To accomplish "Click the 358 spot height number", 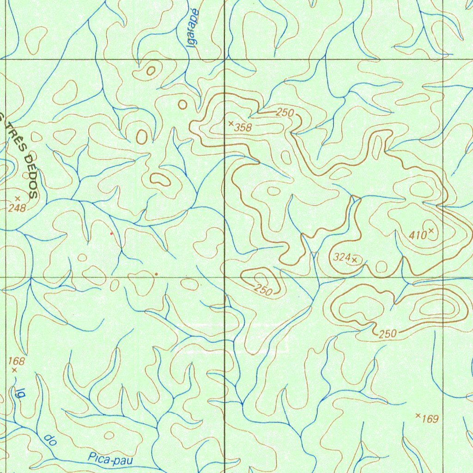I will [x=243, y=128].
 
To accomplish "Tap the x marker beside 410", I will [x=431, y=230].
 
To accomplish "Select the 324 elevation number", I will [x=341, y=258].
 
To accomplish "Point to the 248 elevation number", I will [x=17, y=208].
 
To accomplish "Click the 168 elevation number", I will [x=17, y=361].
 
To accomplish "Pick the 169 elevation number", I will [x=430, y=419].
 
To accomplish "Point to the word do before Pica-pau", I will [x=50, y=440].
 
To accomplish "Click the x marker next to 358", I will [x=230, y=123].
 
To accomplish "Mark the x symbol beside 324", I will [x=354, y=260].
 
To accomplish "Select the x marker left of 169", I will [x=418, y=416].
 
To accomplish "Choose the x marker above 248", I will [x=18, y=198].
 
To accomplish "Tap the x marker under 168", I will [x=14, y=370].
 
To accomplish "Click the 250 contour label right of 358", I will [x=285, y=112].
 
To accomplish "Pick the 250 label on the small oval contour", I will [x=263, y=290].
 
